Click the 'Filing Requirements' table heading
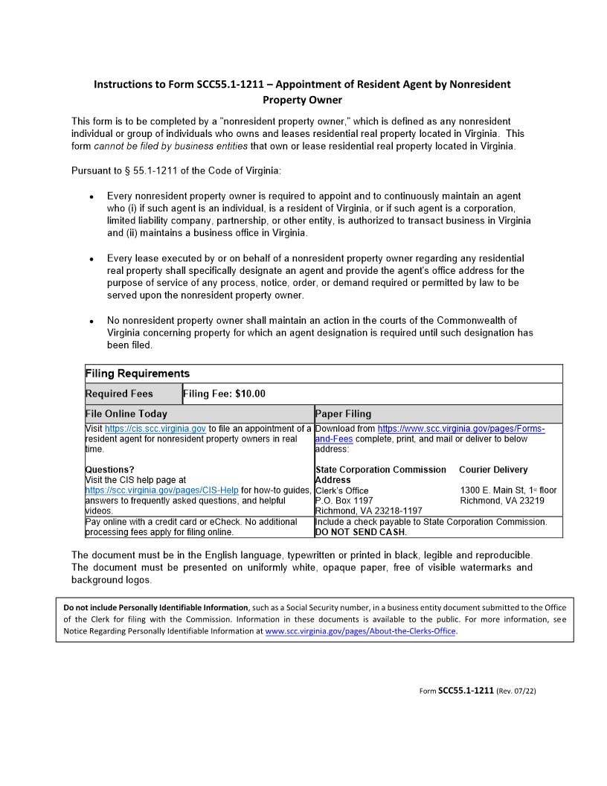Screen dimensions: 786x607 [138, 374]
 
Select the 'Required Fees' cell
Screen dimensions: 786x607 [120, 394]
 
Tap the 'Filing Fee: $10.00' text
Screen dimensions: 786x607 [224, 394]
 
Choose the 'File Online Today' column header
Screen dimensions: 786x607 [126, 414]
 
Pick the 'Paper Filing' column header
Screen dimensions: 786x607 [343, 414]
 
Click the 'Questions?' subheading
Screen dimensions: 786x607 [110, 470]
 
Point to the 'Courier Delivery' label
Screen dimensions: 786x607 [493, 470]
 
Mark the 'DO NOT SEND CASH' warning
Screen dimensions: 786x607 [361, 532]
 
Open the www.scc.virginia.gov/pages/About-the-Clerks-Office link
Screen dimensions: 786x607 [361, 631]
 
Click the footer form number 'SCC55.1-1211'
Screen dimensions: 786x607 [466, 691]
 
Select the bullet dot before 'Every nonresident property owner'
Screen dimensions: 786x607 [91, 197]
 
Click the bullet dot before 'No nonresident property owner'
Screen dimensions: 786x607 [91, 322]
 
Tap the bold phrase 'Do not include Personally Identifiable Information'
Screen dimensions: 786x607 [156, 607]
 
